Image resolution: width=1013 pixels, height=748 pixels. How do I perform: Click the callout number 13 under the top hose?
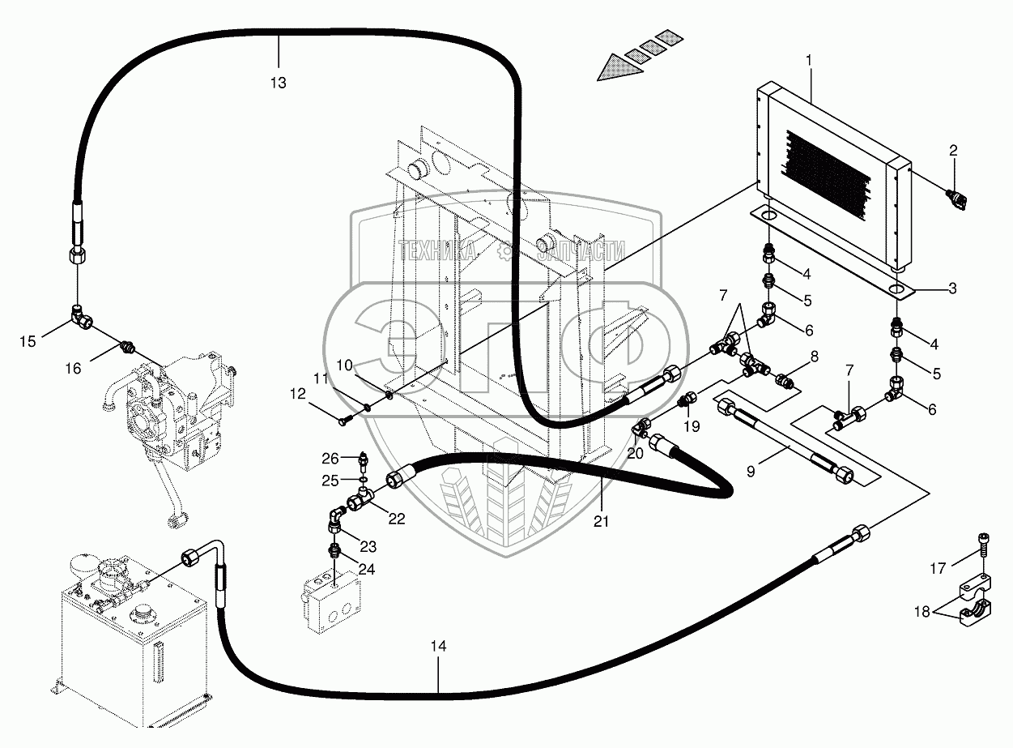(x=279, y=83)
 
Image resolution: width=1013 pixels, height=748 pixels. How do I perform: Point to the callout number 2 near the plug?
(x=953, y=150)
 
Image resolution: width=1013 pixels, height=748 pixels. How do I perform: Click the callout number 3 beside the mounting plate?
(x=952, y=288)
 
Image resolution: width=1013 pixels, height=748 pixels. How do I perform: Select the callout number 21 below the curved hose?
(x=602, y=522)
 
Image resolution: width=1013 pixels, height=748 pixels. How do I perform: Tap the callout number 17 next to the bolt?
(x=937, y=569)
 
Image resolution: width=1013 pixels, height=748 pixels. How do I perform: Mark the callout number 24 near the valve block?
(x=367, y=569)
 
